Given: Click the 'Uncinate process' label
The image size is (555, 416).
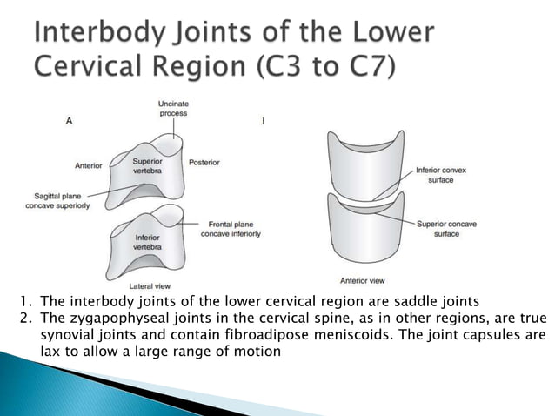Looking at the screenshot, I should click(x=173, y=108).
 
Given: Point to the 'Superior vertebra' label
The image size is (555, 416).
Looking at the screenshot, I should click(x=146, y=166).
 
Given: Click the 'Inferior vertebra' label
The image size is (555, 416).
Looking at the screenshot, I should click(x=146, y=242).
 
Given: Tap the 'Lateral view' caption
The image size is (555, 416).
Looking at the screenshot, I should click(x=148, y=285).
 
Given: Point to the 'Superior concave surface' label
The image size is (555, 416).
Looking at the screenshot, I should click(x=447, y=229).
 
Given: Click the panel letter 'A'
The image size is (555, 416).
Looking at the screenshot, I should click(x=70, y=122).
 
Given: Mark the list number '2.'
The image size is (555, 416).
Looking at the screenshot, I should click(x=27, y=319).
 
